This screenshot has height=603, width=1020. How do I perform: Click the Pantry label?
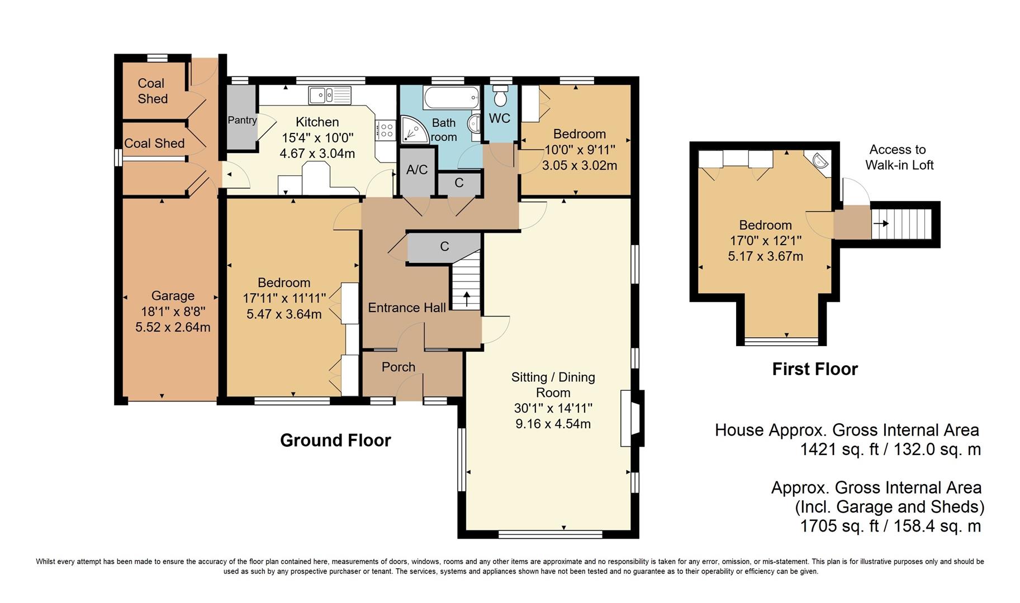pos(242,120)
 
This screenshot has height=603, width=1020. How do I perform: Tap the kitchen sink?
pos(330,95)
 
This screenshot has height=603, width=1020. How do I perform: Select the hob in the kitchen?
pos(386,131)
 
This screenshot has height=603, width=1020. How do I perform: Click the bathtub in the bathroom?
pos(452,98)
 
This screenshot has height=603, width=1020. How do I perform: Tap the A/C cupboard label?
pos(417,170)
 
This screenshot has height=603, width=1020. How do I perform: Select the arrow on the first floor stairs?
pos(881,223)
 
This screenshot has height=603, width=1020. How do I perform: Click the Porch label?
pos(398,367)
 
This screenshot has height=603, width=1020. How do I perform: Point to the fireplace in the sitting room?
pos(632,418)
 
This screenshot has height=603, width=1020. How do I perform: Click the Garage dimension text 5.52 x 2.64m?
pos(173,327)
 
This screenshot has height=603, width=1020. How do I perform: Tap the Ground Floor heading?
pos(335,441)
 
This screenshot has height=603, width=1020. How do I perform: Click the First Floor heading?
pos(815,369)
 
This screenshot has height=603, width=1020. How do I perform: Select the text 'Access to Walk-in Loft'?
pos(899,157)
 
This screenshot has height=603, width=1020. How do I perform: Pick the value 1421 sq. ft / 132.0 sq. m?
pos(890,449)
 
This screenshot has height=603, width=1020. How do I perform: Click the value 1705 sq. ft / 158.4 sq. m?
pos(890,526)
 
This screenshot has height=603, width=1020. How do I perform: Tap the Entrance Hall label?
pos(407,308)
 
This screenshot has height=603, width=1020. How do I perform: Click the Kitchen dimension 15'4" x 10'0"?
pos(317,138)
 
